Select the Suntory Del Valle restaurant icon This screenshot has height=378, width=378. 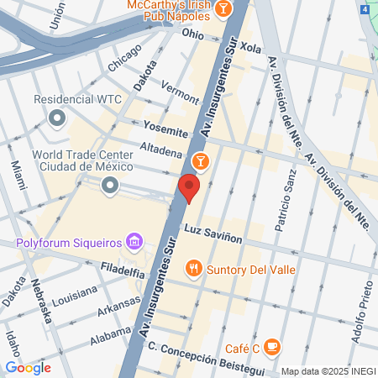tap(194, 269)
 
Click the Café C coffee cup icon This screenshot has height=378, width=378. tap(271, 345)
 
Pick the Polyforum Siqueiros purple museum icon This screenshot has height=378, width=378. tap(133, 244)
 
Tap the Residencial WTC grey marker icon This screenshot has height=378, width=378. tap(57, 118)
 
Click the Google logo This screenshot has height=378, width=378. tap(28, 367)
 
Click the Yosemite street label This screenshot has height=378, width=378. tap(165, 131)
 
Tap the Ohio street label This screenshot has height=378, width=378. tap(192, 35)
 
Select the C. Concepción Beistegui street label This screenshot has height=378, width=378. tap(195, 359)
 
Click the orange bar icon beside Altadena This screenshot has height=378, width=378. tap(200, 160)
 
